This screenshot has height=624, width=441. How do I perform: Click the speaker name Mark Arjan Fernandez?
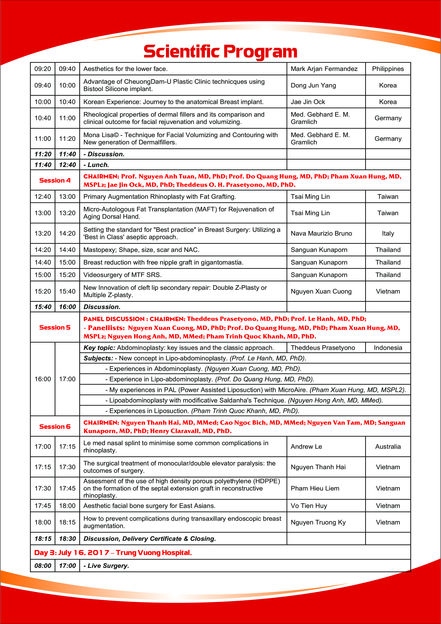click(x=324, y=69)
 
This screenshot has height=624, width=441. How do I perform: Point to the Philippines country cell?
click(x=388, y=69)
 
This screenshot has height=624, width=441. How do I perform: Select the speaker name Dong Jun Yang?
click(x=313, y=85)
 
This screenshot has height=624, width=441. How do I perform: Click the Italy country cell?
click(x=388, y=233)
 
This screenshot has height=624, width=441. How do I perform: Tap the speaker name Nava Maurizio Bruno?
click(x=321, y=233)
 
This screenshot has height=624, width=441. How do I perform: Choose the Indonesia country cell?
click(x=388, y=348)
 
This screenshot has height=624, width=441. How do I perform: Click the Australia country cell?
click(x=388, y=446)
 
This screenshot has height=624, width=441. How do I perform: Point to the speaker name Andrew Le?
click(x=306, y=446)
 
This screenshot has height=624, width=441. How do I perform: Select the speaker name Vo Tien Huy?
click(x=309, y=506)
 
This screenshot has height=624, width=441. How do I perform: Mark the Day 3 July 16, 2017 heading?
click(x=113, y=553)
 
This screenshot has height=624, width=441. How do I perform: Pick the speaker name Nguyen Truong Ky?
click(x=318, y=522)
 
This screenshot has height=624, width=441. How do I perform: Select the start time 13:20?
click(x=43, y=233)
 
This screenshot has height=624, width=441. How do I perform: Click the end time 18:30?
click(x=67, y=539)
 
